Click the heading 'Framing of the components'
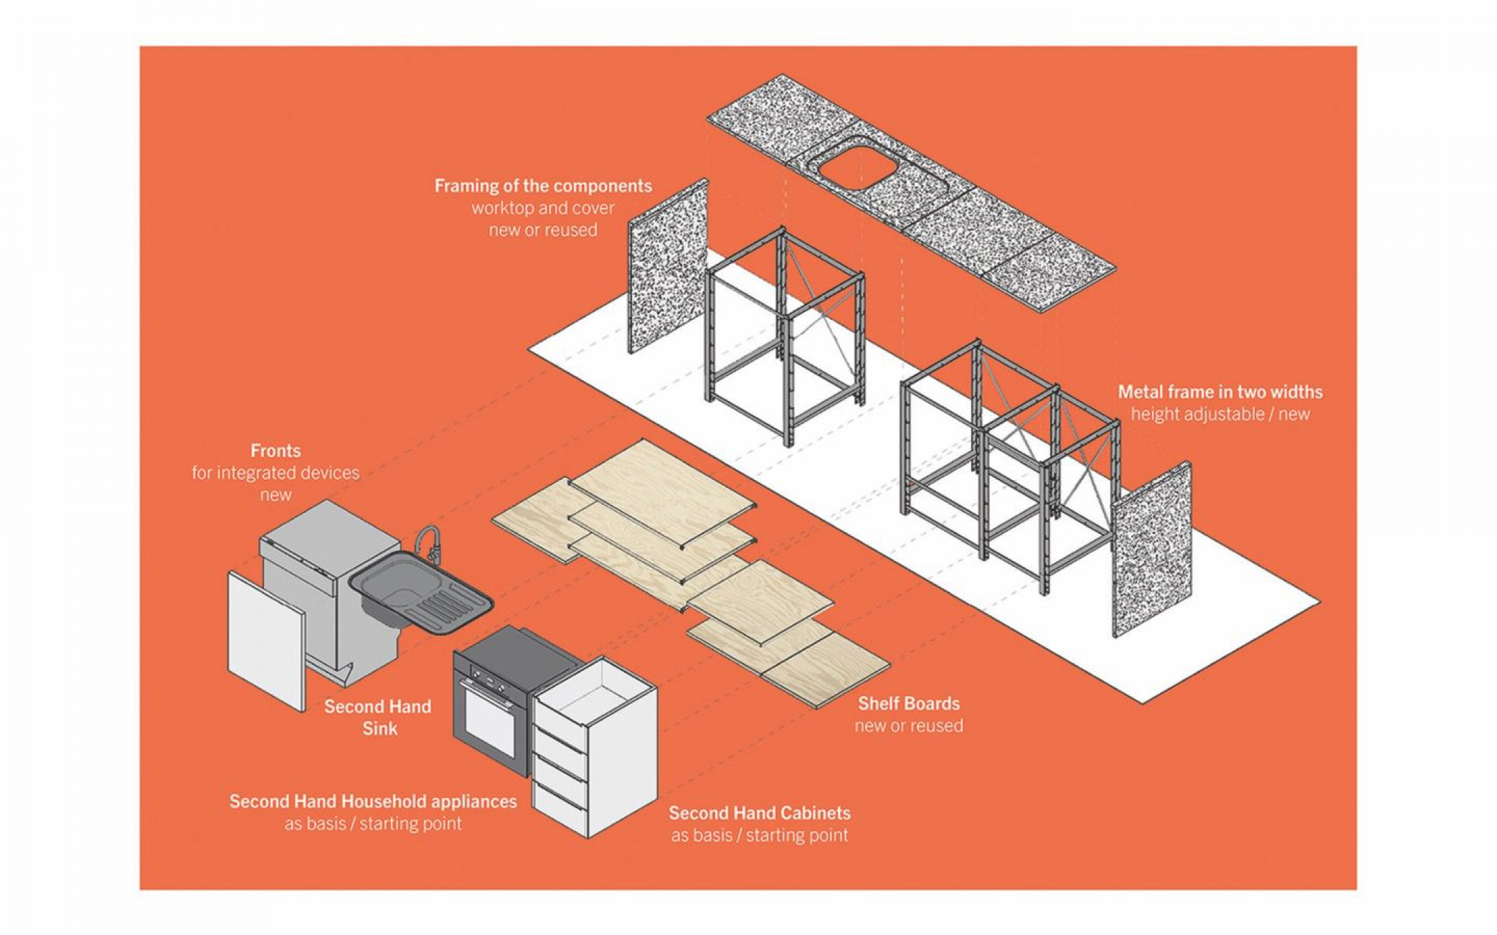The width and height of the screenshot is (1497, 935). [543, 186]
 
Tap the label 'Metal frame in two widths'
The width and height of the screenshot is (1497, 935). [1220, 392]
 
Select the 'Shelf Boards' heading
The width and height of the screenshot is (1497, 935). [909, 704]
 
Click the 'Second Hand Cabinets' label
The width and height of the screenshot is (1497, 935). [760, 812]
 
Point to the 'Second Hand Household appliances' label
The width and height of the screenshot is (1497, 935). [373, 801]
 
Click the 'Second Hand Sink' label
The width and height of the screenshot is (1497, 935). [378, 717]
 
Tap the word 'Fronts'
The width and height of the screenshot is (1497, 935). [275, 451]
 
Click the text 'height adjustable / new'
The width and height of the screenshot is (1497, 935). [1220, 414]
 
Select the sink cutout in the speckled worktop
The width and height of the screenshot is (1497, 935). [857, 163]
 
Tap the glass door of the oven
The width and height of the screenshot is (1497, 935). [489, 720]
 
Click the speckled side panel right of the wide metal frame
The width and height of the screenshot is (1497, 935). [1151, 551]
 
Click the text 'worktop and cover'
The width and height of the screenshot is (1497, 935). [543, 208]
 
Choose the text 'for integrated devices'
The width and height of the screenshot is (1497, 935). [275, 473]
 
